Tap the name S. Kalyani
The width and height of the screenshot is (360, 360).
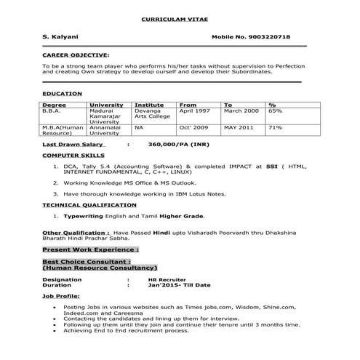point(58,36)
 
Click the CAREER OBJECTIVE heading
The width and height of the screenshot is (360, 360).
point(76,55)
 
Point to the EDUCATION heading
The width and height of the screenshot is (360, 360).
point(62,95)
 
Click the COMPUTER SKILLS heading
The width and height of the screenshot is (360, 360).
point(73,156)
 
